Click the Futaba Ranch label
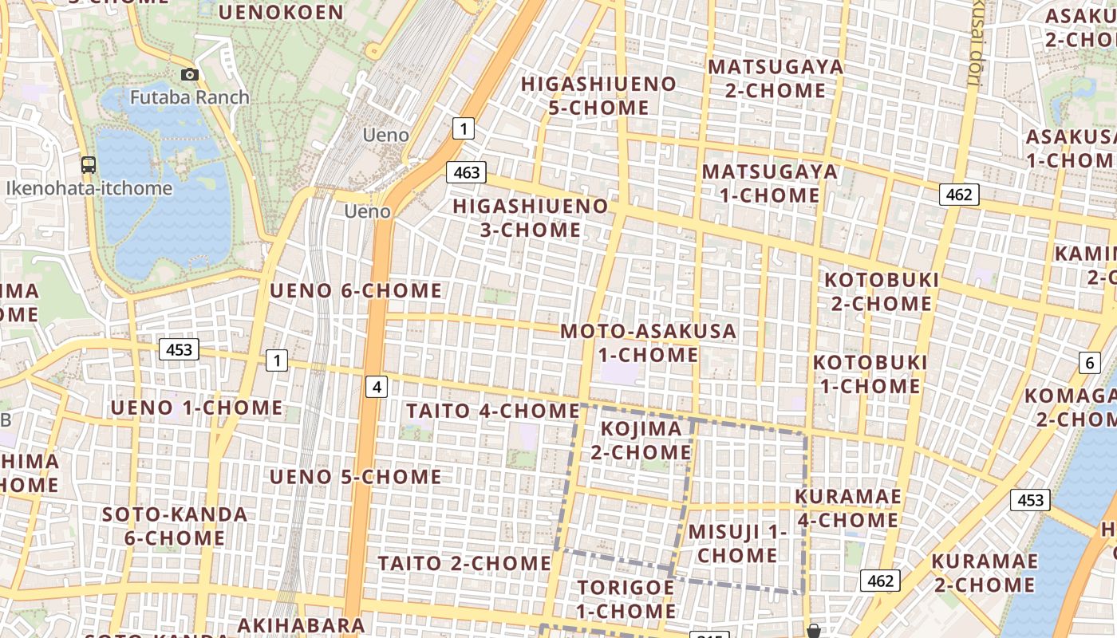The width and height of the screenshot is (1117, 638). click(189, 97)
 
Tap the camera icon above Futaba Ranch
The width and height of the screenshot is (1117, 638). click(189, 74)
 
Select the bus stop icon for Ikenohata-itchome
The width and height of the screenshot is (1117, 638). click(89, 165)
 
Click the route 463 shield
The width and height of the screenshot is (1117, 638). click(467, 172)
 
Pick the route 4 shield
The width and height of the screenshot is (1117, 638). click(377, 388)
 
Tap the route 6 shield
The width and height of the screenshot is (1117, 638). click(1090, 363)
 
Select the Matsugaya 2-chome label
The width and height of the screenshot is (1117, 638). click(776, 78)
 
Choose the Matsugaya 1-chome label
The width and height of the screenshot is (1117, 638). click(770, 183)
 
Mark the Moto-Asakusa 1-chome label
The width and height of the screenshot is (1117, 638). click(648, 343)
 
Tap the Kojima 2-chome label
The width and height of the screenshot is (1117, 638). click(641, 440)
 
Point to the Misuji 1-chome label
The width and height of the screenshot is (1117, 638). click(737, 543)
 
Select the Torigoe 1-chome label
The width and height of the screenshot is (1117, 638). click(626, 599)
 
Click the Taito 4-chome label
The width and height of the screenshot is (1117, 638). click(492, 412)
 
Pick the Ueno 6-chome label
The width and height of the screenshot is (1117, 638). click(355, 291)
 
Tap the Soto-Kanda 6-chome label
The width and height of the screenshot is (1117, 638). click(175, 526)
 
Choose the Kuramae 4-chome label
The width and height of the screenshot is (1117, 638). click(848, 508)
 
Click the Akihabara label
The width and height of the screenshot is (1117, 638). click(301, 624)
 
